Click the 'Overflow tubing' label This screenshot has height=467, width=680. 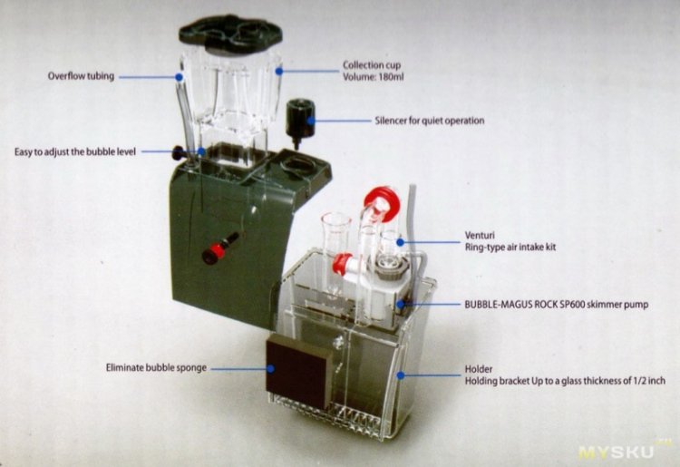[81, 76]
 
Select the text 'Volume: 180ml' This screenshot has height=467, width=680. [374, 77]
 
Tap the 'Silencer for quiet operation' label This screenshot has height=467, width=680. [430, 121]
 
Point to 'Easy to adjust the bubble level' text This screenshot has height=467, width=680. [75, 151]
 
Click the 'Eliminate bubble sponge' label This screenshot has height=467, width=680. [156, 367]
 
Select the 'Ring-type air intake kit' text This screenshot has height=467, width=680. [510, 248]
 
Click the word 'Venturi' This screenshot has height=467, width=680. [480, 236]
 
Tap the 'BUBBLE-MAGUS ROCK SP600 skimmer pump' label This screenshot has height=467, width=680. [557, 305]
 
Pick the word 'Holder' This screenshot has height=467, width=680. [479, 369]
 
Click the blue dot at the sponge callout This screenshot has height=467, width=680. [270, 368]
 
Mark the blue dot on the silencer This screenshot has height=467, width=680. [311, 120]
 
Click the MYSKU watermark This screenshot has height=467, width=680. [616, 452]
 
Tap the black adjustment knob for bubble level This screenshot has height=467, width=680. [179, 152]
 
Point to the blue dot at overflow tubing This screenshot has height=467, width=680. [179, 77]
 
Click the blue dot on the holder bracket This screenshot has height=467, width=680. [401, 375]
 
